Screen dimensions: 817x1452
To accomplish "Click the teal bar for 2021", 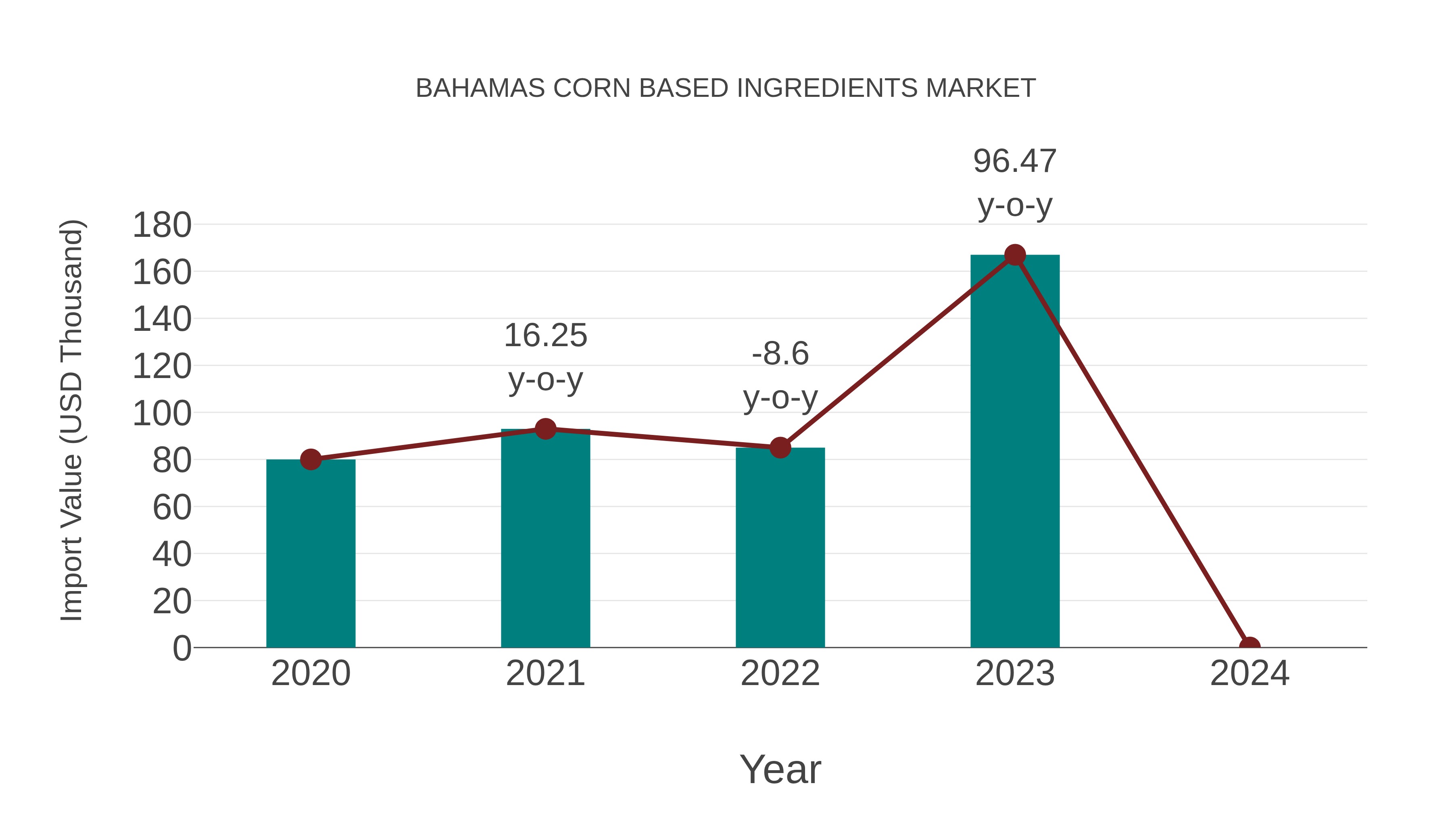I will tap(545, 541).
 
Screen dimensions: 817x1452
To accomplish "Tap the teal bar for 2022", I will tap(780, 550).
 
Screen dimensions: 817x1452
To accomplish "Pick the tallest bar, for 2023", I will tap(1015, 457).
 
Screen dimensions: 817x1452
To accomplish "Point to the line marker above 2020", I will tap(311, 460).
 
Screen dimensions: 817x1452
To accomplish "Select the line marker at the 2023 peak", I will tap(1015, 255).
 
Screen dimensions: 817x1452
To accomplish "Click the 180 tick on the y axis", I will tap(162, 226).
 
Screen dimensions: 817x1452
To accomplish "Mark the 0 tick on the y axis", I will tap(181, 648).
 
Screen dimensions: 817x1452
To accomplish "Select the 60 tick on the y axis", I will tap(172, 508).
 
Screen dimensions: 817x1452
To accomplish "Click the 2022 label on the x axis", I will tap(780, 673).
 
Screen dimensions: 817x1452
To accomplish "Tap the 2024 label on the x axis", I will tap(1249, 673).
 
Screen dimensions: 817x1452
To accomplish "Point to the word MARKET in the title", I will tap(980, 88).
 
